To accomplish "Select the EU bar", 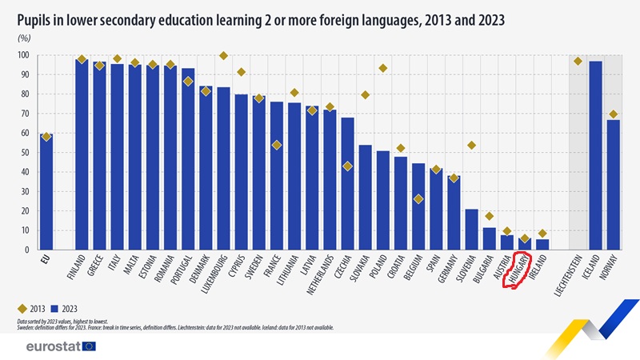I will (46, 192).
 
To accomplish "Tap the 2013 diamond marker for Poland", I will (383, 68).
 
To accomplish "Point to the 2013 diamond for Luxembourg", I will (223, 56).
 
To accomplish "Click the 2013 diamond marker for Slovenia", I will (471, 145).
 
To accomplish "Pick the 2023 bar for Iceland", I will (595, 152).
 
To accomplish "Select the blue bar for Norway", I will (613, 184).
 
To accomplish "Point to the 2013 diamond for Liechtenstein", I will (578, 62).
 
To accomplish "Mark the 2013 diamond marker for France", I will (277, 145).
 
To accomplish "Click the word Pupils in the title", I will (37, 17).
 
